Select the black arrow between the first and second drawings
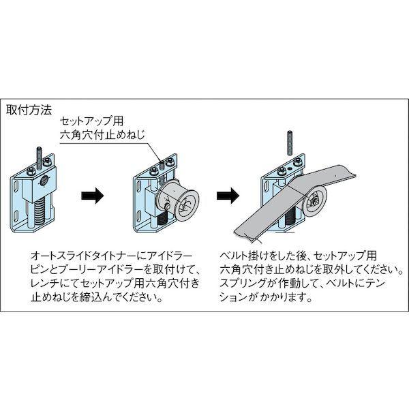pyautogui.click(x=93, y=196)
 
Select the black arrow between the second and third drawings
pyautogui.click(x=226, y=196)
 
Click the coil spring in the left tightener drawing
pyautogui.click(x=38, y=208)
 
